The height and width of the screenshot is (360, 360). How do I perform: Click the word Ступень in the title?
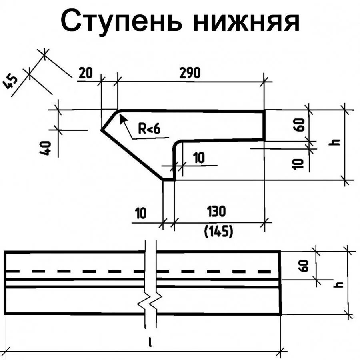pyautogui.click(x=122, y=22)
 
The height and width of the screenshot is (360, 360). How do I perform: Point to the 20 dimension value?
pyautogui.click(x=85, y=73)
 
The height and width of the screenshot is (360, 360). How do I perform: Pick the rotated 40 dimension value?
pyautogui.click(x=48, y=148)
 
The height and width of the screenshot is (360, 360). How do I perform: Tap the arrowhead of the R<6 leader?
pyautogui.click(x=122, y=116)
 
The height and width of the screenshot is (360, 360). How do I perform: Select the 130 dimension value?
pyautogui.click(x=216, y=211)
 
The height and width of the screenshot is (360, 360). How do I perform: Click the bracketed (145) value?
pyautogui.click(x=218, y=231)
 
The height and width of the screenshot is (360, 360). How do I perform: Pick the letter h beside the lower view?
pyautogui.click(x=339, y=284)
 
